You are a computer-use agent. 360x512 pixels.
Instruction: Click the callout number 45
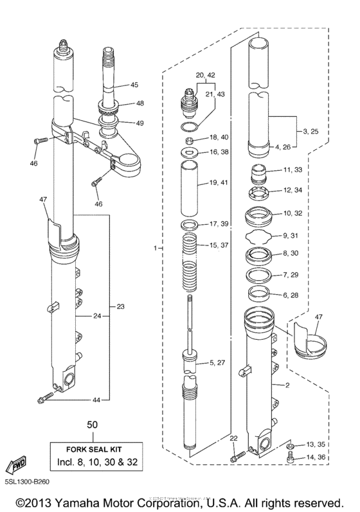click(134, 85)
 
